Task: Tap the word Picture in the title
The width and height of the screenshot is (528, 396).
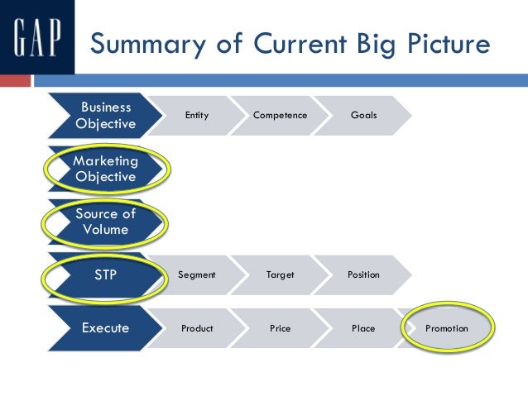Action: click(439, 44)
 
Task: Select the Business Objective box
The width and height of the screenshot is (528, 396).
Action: click(105, 115)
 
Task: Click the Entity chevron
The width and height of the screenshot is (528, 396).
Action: click(196, 115)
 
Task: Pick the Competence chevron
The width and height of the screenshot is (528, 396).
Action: click(280, 115)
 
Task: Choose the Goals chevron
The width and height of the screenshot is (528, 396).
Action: click(363, 115)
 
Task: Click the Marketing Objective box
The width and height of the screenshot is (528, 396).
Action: click(105, 168)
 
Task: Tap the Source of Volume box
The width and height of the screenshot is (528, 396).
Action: click(105, 221)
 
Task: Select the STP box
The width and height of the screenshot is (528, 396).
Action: click(105, 274)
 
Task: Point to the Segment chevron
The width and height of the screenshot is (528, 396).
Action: click(196, 274)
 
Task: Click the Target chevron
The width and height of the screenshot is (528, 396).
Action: click(280, 274)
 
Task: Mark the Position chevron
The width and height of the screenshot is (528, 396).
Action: click(363, 274)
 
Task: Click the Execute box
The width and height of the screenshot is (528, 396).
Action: click(105, 328)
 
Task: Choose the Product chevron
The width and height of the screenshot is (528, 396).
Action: click(196, 328)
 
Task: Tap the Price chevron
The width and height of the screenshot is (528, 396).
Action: click(280, 328)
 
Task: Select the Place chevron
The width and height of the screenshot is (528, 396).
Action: click(363, 328)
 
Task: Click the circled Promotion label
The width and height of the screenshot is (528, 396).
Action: click(447, 328)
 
